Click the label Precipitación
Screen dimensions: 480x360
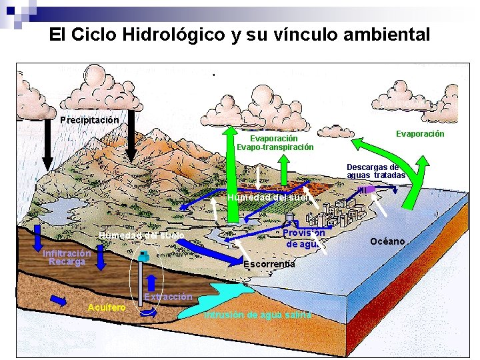(x=89, y=121)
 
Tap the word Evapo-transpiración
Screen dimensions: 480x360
(x=275, y=147)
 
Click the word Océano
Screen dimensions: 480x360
(x=387, y=241)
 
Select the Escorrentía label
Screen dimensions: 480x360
(x=269, y=264)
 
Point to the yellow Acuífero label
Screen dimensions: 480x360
(x=107, y=307)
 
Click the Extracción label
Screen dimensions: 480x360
(x=168, y=297)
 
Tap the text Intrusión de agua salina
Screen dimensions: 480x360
(x=258, y=315)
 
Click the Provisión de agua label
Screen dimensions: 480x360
(x=303, y=238)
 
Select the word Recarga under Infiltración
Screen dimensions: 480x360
(x=67, y=261)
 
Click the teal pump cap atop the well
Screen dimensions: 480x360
(x=143, y=255)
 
